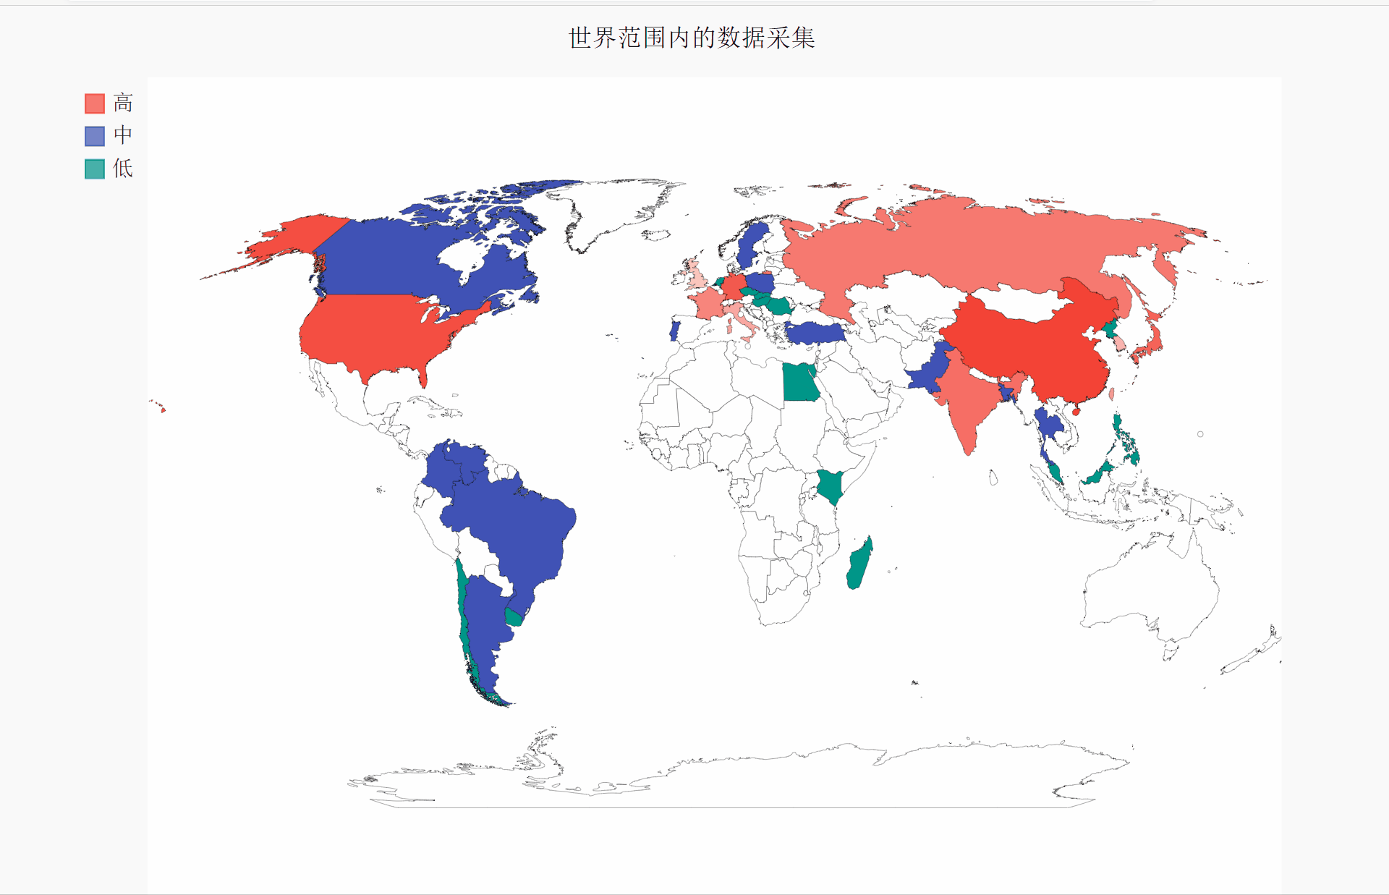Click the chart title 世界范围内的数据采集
[x=692, y=38]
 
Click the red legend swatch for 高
[x=95, y=103]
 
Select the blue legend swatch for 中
[x=95, y=136]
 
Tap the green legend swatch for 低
[x=95, y=169]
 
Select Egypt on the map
[x=799, y=383]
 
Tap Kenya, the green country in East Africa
[x=831, y=485]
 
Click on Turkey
[x=815, y=333]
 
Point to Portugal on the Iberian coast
[x=674, y=330]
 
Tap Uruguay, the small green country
[x=514, y=617]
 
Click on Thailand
[x=1047, y=427]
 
